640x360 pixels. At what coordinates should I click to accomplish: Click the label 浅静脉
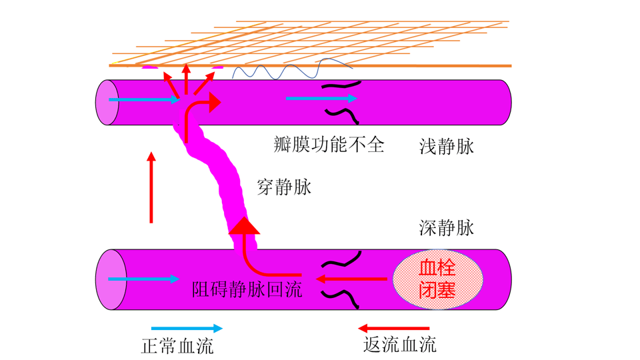tap(447, 147)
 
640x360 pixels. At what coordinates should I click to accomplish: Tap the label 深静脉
tap(447, 229)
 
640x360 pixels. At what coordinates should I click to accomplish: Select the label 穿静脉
tap(284, 188)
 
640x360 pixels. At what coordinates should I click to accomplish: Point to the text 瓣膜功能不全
tap(329, 144)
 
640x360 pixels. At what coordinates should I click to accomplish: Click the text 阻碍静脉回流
tap(247, 290)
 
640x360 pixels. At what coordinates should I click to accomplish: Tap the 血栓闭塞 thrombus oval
tap(437, 279)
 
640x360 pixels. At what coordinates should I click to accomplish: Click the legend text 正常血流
tap(178, 346)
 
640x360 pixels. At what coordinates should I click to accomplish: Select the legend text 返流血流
tap(400, 344)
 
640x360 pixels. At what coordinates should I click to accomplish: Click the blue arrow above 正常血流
tap(187, 328)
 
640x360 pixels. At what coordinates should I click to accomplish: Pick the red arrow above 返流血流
tap(393, 328)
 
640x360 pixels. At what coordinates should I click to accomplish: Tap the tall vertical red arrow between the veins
tap(151, 187)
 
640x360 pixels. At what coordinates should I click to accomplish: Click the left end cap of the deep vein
tap(107, 279)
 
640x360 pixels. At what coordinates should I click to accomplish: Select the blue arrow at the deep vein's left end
tap(144, 279)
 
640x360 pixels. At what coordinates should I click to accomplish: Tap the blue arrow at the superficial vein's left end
tap(144, 100)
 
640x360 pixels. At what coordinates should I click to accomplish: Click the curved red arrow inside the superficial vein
tap(200, 110)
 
